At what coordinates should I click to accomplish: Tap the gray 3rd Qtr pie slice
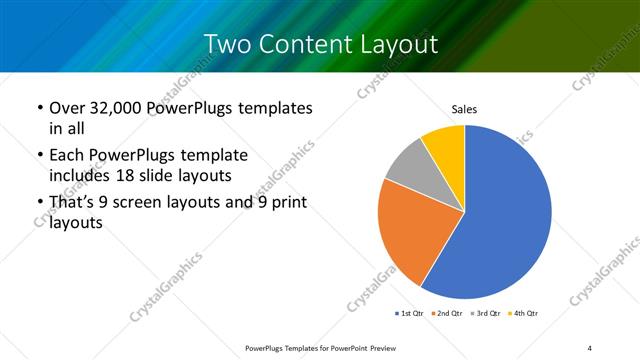click(x=408, y=169)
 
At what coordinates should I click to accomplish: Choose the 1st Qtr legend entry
click(x=410, y=314)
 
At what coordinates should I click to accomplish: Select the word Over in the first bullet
click(x=66, y=108)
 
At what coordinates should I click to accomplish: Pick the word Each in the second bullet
click(x=66, y=157)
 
